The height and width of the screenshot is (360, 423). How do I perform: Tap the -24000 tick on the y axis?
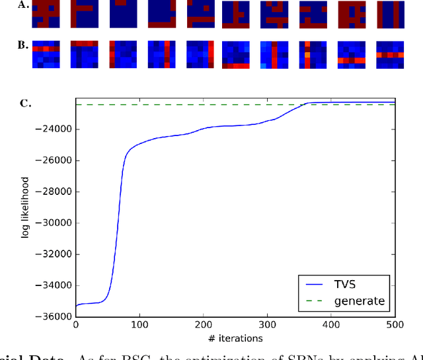pyautogui.click(x=54, y=129)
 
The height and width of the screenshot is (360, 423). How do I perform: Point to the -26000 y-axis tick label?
pyautogui.click(x=54, y=161)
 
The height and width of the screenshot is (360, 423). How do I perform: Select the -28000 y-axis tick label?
pyautogui.click(x=54, y=192)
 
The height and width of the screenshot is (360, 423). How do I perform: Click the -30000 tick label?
pyautogui.click(x=54, y=223)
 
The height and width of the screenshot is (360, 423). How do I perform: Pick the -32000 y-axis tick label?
pyautogui.click(x=54, y=254)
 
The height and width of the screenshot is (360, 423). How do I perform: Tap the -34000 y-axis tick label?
pyautogui.click(x=54, y=285)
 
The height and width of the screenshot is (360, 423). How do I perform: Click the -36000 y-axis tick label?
pyautogui.click(x=54, y=316)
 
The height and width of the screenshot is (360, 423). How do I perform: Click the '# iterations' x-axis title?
pyautogui.click(x=235, y=339)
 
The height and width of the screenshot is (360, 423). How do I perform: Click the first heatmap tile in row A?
pyautogui.click(x=46, y=14)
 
